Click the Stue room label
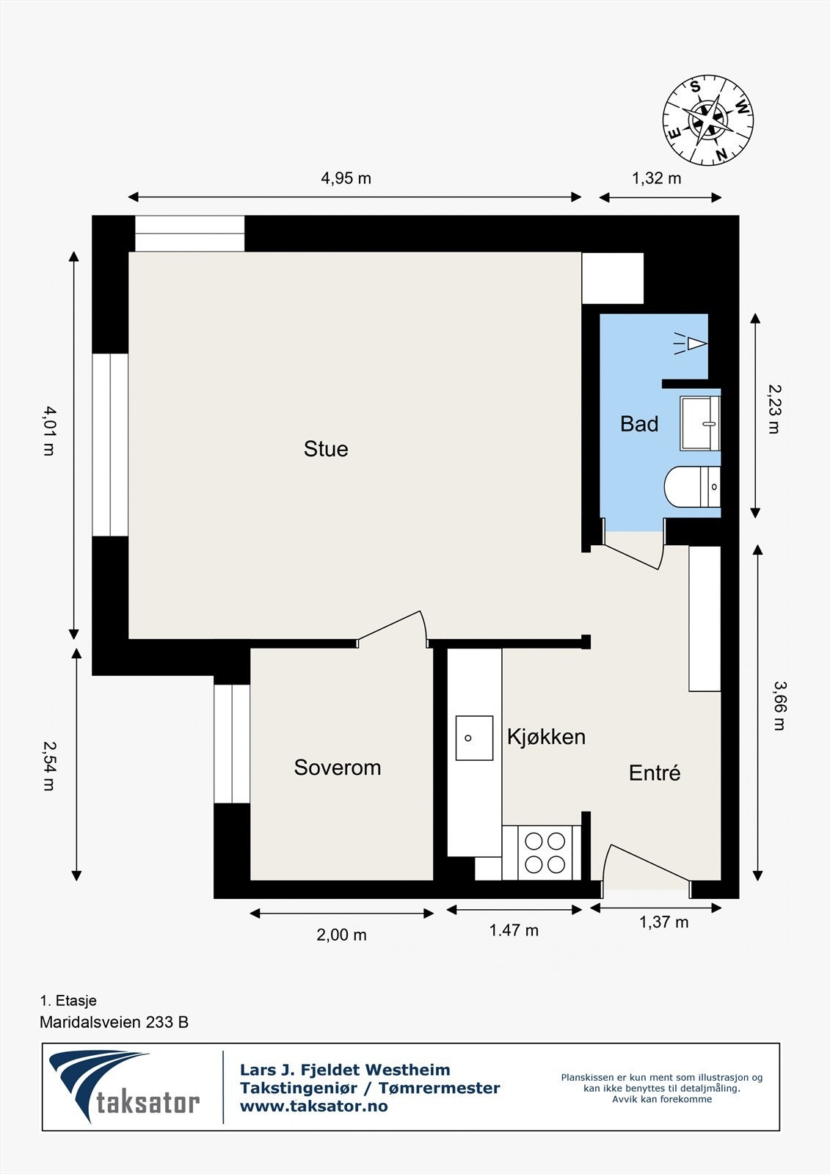[326, 448]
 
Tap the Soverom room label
[337, 768]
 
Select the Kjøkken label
[546, 737]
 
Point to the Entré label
[655, 773]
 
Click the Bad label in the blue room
[638, 423]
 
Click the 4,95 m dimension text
[346, 178]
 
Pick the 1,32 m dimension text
[657, 178]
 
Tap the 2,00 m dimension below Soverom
[341, 935]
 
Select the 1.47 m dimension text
[514, 930]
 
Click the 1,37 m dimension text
[664, 922]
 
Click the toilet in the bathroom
[692, 486]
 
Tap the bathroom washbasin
[700, 423]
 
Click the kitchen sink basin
[474, 738]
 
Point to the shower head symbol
[691, 344]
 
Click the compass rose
[708, 120]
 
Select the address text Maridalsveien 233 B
[114, 1022]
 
